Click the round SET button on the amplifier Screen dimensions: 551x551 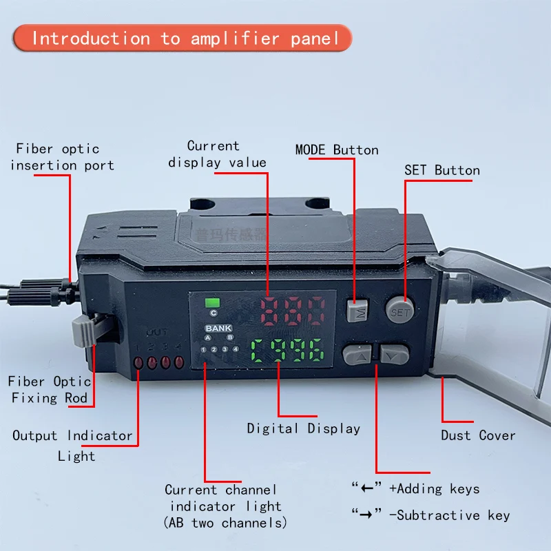click(x=399, y=311)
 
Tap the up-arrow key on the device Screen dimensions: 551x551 click(x=357, y=355)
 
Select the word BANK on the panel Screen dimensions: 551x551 click(x=218, y=329)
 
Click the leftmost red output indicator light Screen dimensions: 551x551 click(x=139, y=362)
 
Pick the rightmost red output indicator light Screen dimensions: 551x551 click(x=180, y=362)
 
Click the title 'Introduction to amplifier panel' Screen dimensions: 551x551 click(x=186, y=38)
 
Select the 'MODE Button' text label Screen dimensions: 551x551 click(x=336, y=150)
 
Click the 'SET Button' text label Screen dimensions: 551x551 click(x=441, y=170)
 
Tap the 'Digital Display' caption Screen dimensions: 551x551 click(x=304, y=428)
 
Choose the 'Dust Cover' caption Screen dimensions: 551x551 click(x=478, y=435)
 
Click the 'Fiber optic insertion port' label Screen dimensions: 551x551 click(x=62, y=157)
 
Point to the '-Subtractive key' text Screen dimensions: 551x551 click(x=450, y=515)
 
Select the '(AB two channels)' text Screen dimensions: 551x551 click(x=225, y=523)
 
